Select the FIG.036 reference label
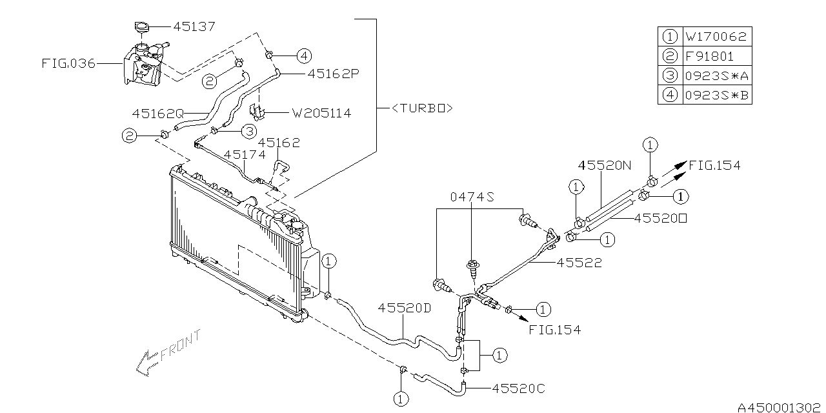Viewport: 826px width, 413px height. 68,63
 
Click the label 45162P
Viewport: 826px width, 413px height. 333,74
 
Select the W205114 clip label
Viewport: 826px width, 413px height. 321,113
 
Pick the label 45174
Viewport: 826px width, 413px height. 245,155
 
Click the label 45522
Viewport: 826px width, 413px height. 579,263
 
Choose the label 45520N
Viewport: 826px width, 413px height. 605,165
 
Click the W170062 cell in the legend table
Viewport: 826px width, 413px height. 716,37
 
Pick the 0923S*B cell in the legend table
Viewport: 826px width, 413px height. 716,96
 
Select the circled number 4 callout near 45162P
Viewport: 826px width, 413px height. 304,56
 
